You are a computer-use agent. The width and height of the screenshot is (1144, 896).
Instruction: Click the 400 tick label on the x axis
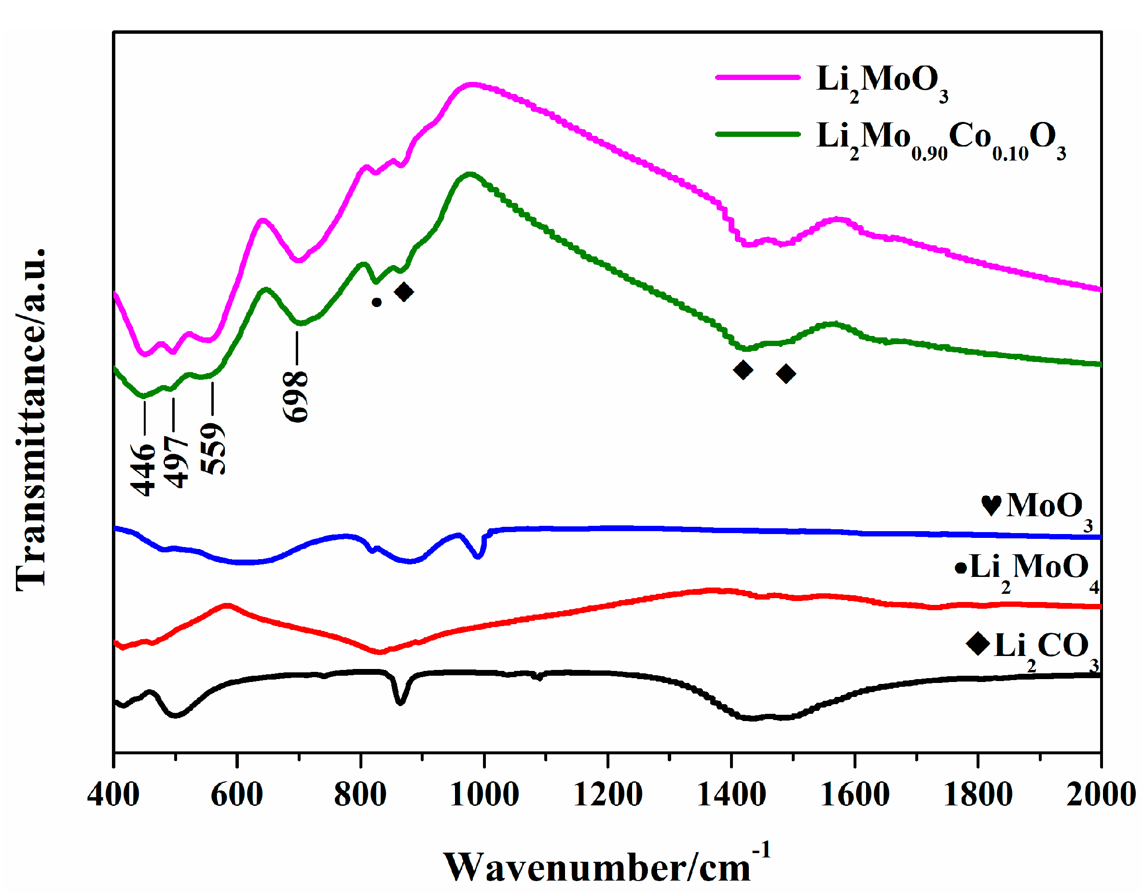(x=113, y=795)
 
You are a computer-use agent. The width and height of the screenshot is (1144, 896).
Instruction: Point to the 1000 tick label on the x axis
(x=484, y=795)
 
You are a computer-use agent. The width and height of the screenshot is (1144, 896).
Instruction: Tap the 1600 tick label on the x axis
(x=855, y=795)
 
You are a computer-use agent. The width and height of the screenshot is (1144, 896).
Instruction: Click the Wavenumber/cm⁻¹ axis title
(x=606, y=866)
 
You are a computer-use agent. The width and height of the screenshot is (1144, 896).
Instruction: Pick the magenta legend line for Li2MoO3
(x=757, y=78)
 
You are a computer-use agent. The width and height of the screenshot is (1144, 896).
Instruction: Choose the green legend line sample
(x=757, y=134)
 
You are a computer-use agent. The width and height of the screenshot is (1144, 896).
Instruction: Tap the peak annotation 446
(x=143, y=469)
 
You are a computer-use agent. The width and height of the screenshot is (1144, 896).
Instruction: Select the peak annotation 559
(x=213, y=449)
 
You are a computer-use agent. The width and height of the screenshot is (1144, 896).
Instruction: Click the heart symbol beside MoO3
(x=991, y=506)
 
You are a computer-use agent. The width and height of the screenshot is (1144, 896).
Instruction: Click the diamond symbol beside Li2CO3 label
(x=978, y=643)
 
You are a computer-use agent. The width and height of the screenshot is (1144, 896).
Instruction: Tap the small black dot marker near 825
(x=376, y=302)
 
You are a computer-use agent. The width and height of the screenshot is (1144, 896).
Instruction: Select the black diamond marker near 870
(x=404, y=292)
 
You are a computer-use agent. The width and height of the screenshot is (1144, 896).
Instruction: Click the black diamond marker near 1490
(x=786, y=374)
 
